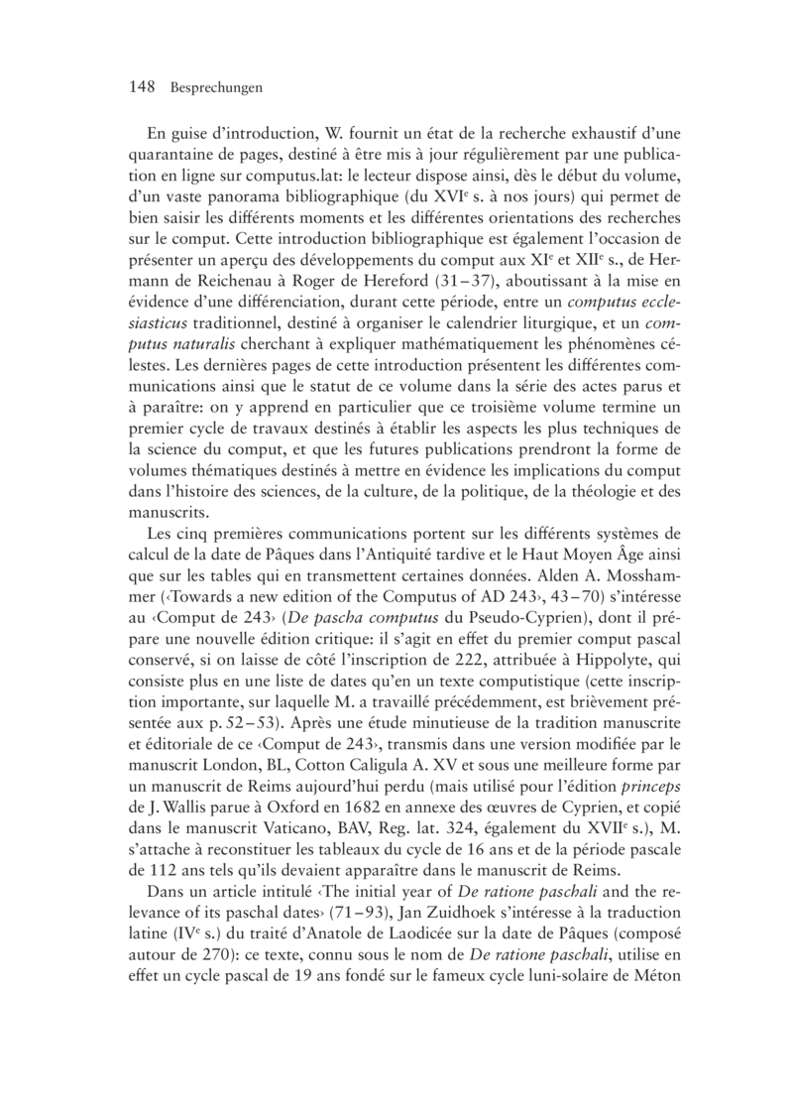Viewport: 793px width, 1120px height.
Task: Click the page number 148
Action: (x=145, y=87)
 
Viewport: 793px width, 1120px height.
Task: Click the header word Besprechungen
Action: (x=215, y=88)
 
